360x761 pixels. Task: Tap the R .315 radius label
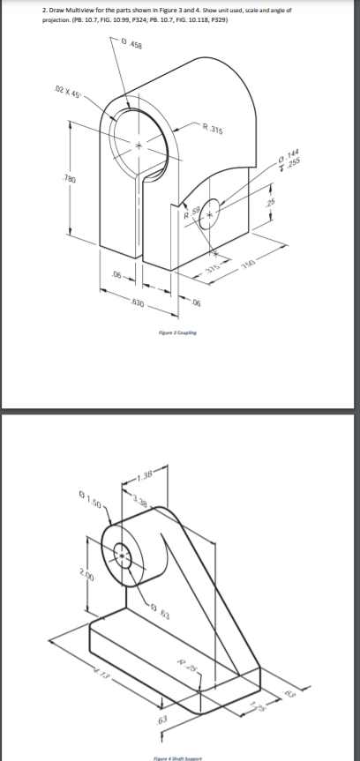[213, 131]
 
